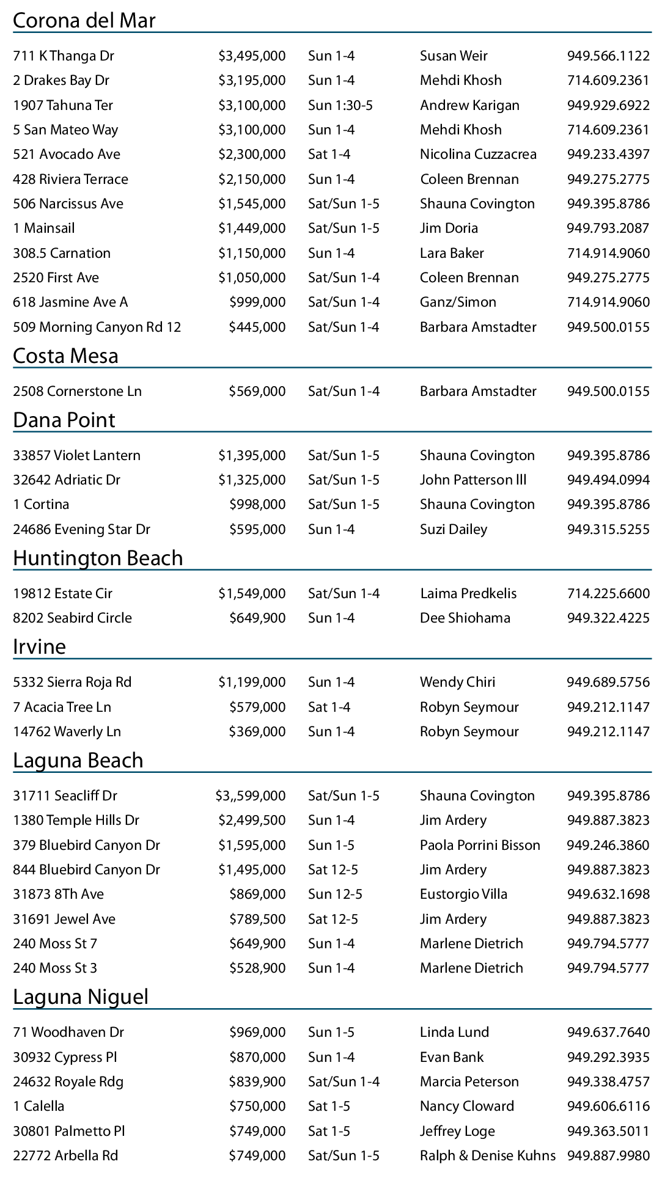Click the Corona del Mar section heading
[x=84, y=21]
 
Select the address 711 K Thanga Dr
[x=64, y=56]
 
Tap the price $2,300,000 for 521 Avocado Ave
[x=252, y=155]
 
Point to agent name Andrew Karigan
[x=469, y=106]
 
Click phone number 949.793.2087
[x=608, y=229]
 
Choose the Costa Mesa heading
[x=65, y=356]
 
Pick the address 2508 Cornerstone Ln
[x=77, y=392]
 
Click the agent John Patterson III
[x=473, y=480]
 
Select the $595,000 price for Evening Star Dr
[x=257, y=530]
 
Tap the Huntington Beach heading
[x=98, y=558]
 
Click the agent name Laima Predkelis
[x=468, y=594]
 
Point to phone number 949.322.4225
[x=608, y=618]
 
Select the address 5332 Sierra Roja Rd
[x=72, y=682]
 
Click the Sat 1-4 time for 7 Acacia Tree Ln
[x=329, y=708]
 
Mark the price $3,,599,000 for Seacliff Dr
[x=251, y=796]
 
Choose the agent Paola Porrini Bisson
[x=480, y=846]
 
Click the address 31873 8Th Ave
[x=58, y=894]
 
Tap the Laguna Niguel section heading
[x=81, y=997]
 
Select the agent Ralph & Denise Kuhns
[x=488, y=1156]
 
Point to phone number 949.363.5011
[x=608, y=1132]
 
